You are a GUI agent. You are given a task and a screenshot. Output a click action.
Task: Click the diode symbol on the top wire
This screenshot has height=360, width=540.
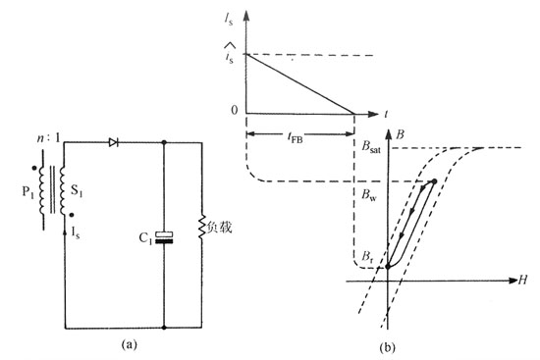point(114,142)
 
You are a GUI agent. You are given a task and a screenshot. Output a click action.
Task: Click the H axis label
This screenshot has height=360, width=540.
point(523,282)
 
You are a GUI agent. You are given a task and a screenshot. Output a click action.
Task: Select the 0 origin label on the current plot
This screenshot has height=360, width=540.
point(234,108)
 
